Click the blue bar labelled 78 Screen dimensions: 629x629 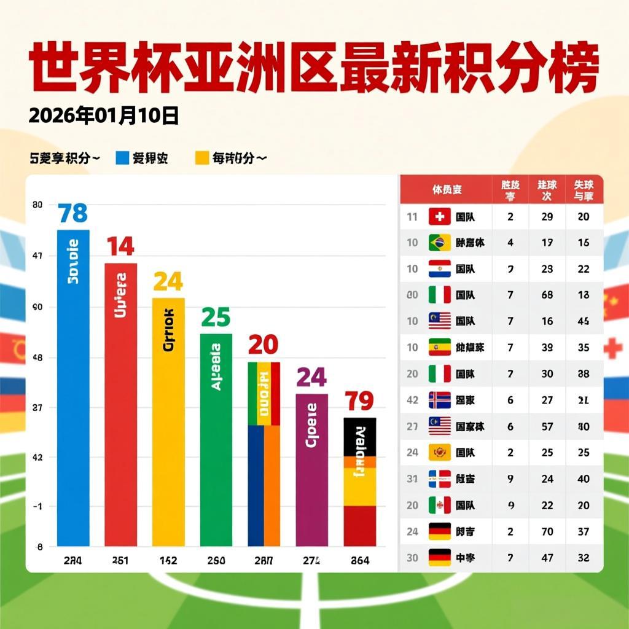73,387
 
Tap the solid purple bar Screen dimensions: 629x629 311,470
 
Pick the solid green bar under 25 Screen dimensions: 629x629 216,440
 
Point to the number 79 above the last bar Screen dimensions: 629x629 359,401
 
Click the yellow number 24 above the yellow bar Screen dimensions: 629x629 168,281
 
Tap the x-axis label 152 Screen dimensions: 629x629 168,560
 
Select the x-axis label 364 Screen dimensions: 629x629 359,560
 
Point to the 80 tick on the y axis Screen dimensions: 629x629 37,205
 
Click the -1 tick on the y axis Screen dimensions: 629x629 37,506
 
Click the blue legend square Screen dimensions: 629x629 122,158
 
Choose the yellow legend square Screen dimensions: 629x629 202,158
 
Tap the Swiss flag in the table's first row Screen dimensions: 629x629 439,216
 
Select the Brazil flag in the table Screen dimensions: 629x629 439,242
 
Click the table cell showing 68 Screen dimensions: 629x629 547,295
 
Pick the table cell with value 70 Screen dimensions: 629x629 547,531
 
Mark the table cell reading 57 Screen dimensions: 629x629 547,426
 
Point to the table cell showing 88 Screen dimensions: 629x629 584,373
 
